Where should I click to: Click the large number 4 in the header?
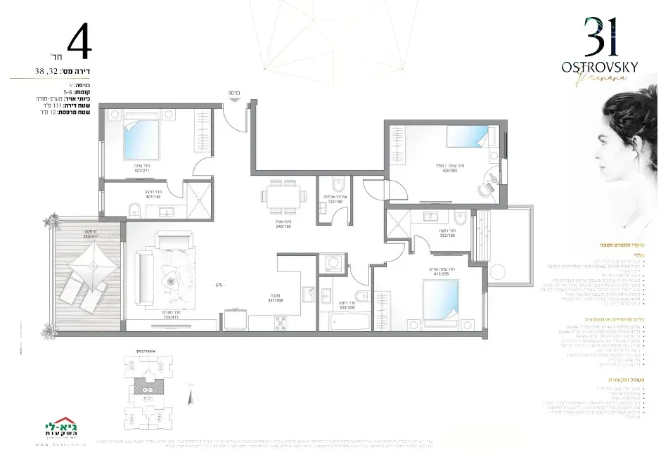pos(78,44)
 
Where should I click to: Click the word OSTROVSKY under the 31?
pos(600,67)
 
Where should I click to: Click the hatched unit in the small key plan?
pos(146,385)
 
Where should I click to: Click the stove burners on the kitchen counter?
pos(280,322)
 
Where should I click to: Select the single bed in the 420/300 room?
pos(466,138)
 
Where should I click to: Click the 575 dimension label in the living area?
pos(219,285)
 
